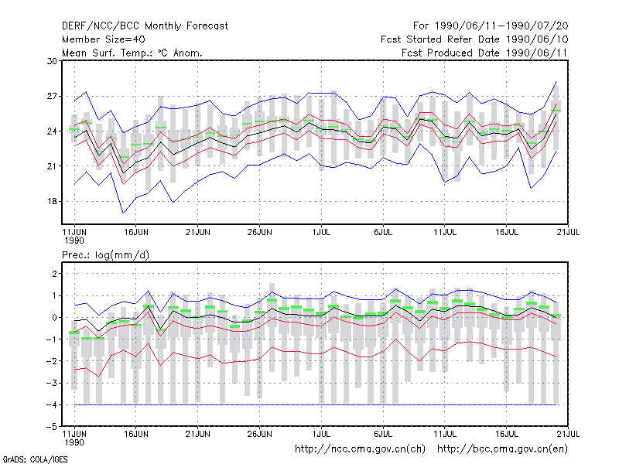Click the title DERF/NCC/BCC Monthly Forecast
[145, 26]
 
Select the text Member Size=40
[104, 39]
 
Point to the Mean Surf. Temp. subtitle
[132, 53]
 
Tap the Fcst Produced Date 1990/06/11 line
[484, 53]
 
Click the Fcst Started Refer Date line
[474, 39]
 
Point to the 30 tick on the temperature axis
[52, 61]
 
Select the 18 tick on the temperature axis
[52, 201]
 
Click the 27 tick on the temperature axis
[52, 96]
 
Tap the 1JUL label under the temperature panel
[321, 232]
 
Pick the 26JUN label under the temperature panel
[259, 232]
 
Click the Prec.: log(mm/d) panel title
[105, 255]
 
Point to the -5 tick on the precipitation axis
[52, 427]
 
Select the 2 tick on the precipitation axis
[54, 274]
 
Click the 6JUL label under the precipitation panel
[383, 434]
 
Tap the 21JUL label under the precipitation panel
[568, 434]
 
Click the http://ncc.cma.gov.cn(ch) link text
[360, 449]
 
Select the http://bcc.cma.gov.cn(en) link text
[502, 449]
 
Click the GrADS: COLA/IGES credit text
[35, 459]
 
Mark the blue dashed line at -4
[316, 404]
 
